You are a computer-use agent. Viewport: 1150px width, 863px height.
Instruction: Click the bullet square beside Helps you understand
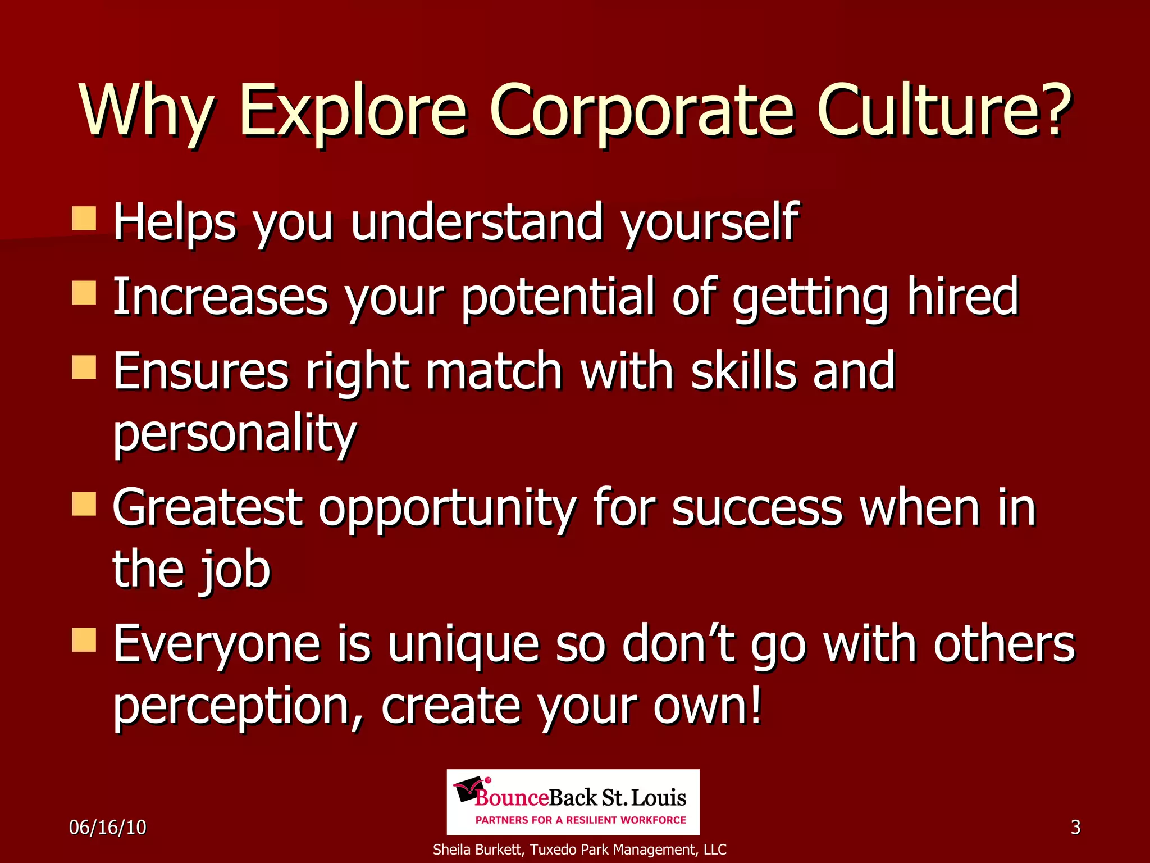84,219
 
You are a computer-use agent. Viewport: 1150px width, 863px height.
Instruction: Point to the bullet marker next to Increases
84,293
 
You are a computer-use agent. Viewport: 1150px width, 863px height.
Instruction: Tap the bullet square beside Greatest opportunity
84,503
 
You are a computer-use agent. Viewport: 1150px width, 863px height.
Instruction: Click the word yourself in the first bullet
710,222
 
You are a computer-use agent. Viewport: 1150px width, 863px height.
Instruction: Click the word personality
235,433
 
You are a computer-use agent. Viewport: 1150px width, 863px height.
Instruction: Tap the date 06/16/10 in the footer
108,827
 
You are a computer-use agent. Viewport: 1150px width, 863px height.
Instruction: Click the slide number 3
1075,827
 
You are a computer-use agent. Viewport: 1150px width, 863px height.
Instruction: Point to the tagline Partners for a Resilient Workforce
581,820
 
